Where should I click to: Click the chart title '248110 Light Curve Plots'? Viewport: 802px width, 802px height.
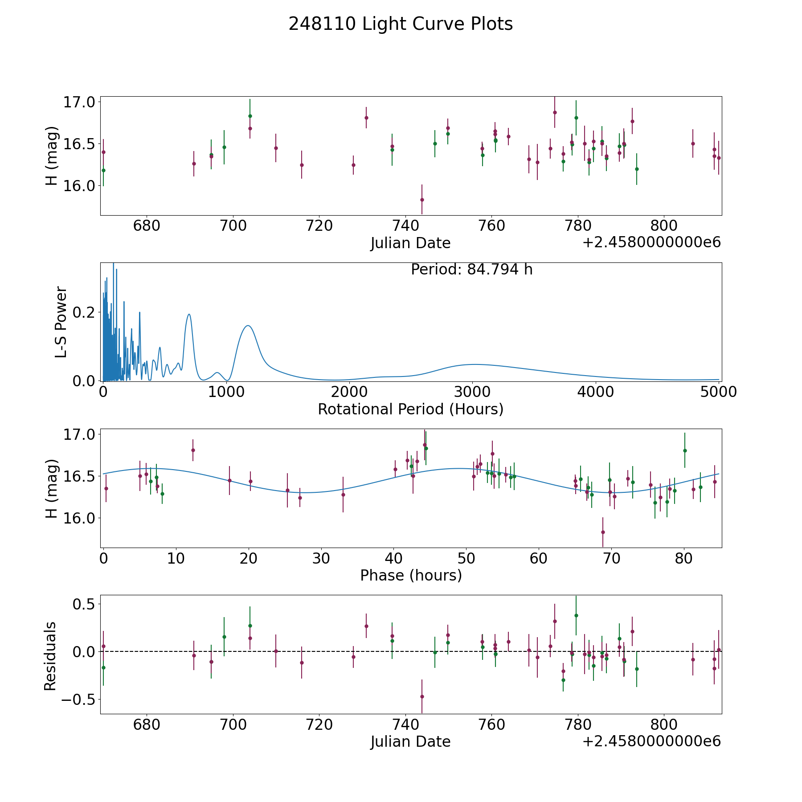pyautogui.click(x=401, y=24)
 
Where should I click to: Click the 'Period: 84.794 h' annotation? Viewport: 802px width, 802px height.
pyautogui.click(x=471, y=270)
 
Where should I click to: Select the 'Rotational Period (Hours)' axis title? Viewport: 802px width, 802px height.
pyautogui.click(x=410, y=409)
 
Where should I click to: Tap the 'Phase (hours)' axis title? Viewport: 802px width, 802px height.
pyautogui.click(x=410, y=575)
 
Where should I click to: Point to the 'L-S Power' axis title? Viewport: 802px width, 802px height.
pyautogui.click(x=61, y=322)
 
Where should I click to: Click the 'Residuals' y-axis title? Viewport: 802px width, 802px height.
pyautogui.click(x=50, y=656)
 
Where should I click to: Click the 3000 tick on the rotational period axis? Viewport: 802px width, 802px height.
pyautogui.click(x=472, y=392)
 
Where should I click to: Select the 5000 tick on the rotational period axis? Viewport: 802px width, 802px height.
pyautogui.click(x=718, y=392)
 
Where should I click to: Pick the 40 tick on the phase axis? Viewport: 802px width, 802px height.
pyautogui.click(x=393, y=558)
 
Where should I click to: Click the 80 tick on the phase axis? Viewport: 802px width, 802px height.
pyautogui.click(x=684, y=558)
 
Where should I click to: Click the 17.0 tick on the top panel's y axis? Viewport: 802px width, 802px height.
pyautogui.click(x=79, y=102)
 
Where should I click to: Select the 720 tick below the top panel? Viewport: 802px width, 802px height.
pyautogui.click(x=319, y=226)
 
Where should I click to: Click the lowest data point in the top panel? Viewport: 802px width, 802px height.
pyautogui.click(x=422, y=200)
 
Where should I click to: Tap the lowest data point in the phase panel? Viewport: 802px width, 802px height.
pyautogui.click(x=603, y=532)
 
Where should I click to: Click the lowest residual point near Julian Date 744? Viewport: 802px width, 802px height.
pyautogui.click(x=422, y=696)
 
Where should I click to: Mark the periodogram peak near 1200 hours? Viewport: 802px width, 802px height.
pyautogui.click(x=248, y=326)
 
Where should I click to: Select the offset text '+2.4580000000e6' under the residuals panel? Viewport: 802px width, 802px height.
pyautogui.click(x=651, y=741)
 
